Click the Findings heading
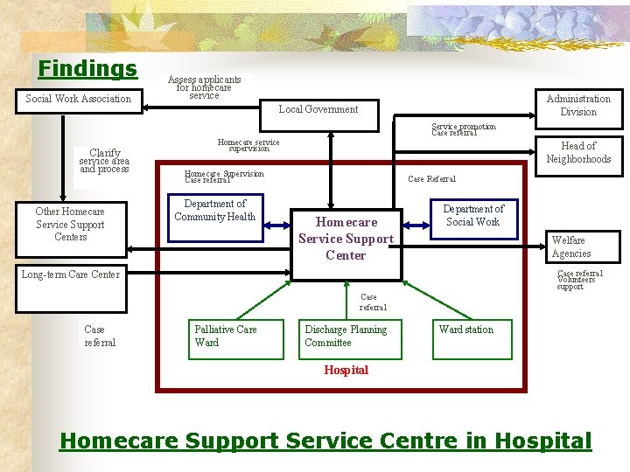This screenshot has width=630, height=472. point(87,68)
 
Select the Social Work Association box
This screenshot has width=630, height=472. point(78,99)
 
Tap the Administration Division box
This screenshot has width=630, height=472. point(578,105)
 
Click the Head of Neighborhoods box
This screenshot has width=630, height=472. point(578,152)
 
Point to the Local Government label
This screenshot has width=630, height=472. point(318,109)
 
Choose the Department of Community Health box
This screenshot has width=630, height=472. point(215,211)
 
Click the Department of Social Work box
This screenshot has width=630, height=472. point(473,215)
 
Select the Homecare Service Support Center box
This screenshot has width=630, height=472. point(346,239)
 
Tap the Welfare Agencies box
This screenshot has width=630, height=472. point(570,246)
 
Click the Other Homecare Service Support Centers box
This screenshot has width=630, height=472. point(70,224)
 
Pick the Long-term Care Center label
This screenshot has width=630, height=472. point(71,274)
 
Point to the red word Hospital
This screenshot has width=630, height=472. point(346,370)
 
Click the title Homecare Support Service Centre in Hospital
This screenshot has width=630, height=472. point(325,441)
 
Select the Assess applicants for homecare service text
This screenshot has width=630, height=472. point(204,87)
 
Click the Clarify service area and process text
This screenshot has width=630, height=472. point(104,161)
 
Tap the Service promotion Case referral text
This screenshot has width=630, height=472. point(463,130)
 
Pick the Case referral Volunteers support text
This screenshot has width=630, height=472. point(578,280)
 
